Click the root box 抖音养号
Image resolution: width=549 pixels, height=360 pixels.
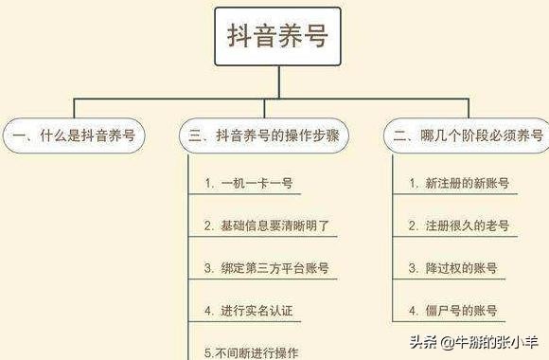pyautogui.click(x=276, y=36)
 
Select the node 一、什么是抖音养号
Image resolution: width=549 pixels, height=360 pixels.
pyautogui.click(x=73, y=135)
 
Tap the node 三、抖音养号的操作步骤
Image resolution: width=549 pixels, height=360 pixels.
pyautogui.click(x=263, y=135)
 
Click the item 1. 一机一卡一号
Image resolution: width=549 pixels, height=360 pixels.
pyautogui.click(x=245, y=183)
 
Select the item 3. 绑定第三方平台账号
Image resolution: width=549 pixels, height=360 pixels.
pyautogui.click(x=266, y=268)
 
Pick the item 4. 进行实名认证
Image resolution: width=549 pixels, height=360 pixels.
pyautogui.click(x=253, y=311)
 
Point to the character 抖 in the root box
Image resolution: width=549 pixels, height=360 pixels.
pyautogui.click(x=239, y=36)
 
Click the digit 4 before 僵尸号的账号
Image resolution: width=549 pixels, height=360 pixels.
pyautogui.click(x=413, y=311)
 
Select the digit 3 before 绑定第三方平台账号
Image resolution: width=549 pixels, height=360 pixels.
pyautogui.click(x=208, y=268)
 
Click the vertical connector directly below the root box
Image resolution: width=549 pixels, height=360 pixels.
pyautogui.click(x=276, y=81)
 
